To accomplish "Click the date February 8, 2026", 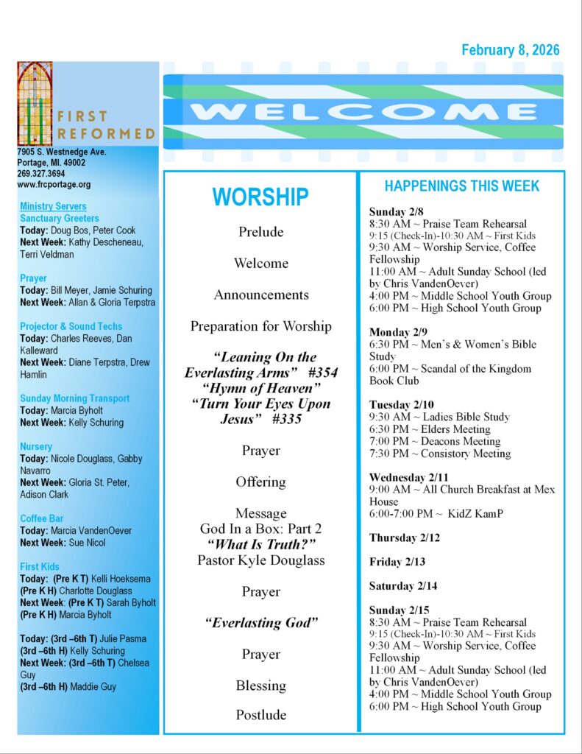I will pyautogui.click(x=510, y=50).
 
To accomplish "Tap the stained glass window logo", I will pyautogui.click(x=35, y=103).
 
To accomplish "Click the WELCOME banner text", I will pyautogui.click(x=363, y=112).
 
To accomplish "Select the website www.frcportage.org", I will pyautogui.click(x=54, y=185).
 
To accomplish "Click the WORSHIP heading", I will pyautogui.click(x=260, y=197).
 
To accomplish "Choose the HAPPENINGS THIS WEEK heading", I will pyautogui.click(x=461, y=186).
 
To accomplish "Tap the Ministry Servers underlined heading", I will pyautogui.click(x=53, y=207).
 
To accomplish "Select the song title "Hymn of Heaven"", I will pyautogui.click(x=260, y=388).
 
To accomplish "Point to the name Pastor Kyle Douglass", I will pyautogui.click(x=260, y=560).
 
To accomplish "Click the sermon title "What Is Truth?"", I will pyautogui.click(x=260, y=544).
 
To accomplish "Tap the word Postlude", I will pyautogui.click(x=260, y=714).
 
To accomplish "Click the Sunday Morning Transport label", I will pyautogui.click(x=75, y=398).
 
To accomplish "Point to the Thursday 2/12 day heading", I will pyautogui.click(x=405, y=538).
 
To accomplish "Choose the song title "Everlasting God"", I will pyautogui.click(x=260, y=623).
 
